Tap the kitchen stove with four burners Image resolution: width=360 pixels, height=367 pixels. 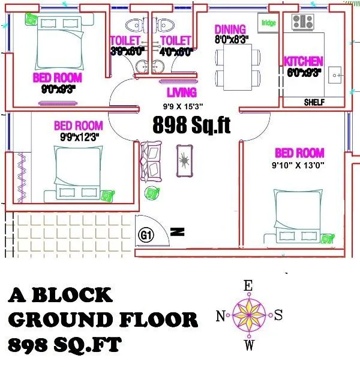click(302, 22)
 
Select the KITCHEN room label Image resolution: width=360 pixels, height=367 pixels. click(304, 61)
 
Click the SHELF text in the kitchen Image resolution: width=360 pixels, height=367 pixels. click(314, 102)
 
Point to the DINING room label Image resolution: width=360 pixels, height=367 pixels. click(230, 29)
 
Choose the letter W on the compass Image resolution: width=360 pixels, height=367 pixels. click(248, 345)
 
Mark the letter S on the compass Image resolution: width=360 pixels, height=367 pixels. click(278, 315)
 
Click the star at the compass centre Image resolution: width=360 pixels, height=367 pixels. click(248, 315)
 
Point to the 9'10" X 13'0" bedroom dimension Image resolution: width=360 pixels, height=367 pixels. click(298, 166)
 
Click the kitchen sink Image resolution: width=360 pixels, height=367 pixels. click(337, 76)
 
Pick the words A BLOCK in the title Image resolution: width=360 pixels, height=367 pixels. click(61, 295)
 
